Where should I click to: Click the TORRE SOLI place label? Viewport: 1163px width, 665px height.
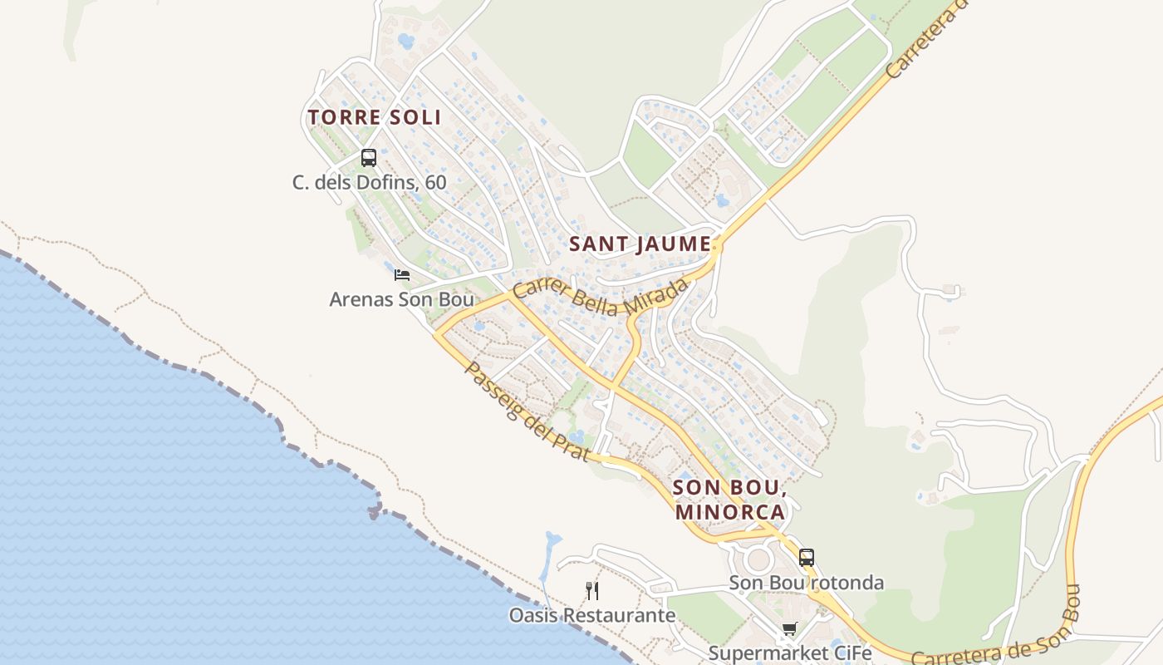[374, 118]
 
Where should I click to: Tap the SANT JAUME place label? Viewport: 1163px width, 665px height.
[640, 244]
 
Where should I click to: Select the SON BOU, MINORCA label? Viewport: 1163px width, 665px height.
[730, 500]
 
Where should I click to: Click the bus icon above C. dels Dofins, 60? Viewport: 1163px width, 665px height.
[369, 158]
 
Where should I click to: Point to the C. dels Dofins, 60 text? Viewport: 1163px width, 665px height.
[369, 183]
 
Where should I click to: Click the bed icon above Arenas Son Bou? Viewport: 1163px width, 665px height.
[402, 275]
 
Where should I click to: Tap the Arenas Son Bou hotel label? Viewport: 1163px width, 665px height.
[401, 299]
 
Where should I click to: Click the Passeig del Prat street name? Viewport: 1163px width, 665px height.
[527, 412]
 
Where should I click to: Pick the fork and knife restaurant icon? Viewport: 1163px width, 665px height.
[592, 591]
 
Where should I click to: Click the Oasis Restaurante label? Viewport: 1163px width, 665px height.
[592, 616]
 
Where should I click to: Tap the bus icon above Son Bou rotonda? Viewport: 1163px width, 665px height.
[806, 558]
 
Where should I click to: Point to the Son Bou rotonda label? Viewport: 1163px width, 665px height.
[806, 583]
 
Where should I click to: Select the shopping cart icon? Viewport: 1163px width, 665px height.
[789, 629]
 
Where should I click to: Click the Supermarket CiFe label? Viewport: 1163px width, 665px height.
[789, 653]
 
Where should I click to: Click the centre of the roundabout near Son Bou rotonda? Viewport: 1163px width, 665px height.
[758, 558]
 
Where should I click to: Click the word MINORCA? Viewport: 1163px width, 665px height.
[730, 512]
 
